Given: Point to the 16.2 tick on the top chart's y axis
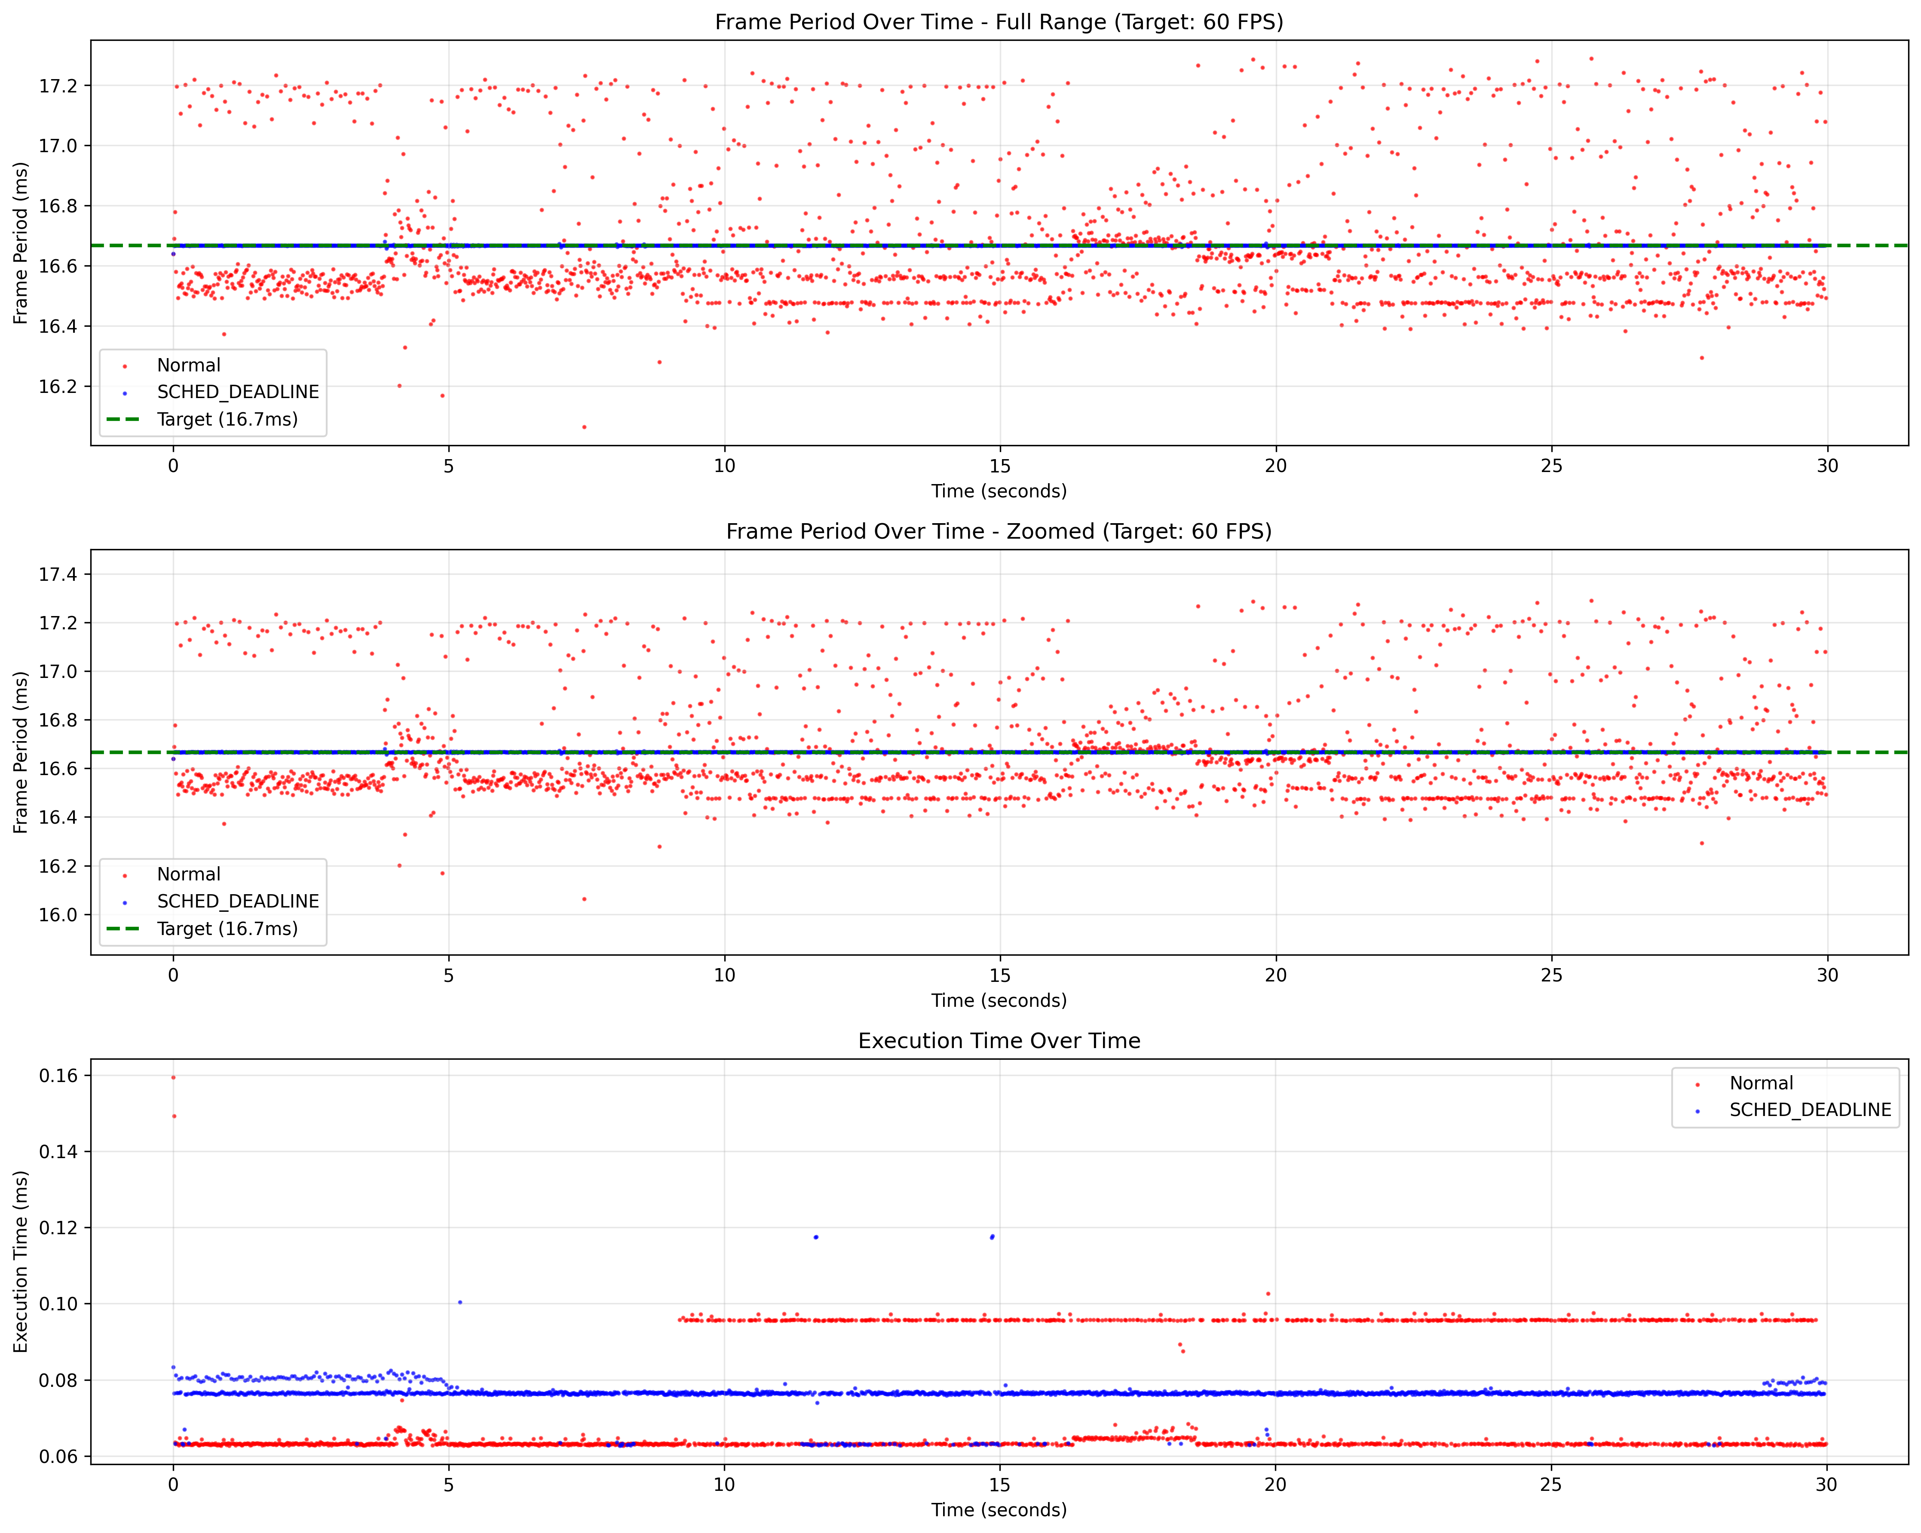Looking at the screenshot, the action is (59, 386).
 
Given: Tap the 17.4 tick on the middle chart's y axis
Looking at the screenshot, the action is (59, 574).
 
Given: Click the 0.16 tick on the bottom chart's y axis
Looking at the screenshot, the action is (59, 1076).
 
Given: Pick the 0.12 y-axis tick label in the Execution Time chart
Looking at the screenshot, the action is (59, 1227).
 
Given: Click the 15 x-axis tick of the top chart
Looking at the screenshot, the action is (1000, 465).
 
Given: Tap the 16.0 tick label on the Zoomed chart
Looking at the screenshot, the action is (59, 914).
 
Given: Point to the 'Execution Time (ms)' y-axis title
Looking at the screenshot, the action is (21, 1261).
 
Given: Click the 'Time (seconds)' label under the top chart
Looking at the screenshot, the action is (999, 491).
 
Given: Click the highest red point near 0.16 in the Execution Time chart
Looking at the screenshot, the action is (174, 1078).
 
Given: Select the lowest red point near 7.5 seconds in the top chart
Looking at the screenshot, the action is (585, 427).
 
